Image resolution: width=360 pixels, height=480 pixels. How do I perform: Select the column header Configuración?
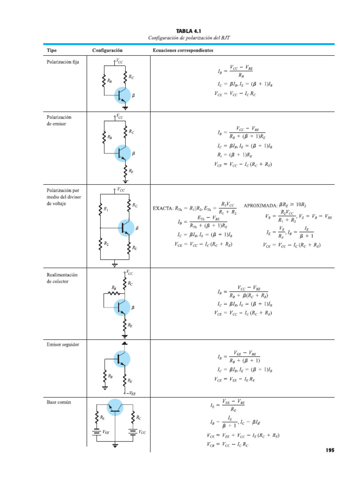point(107,50)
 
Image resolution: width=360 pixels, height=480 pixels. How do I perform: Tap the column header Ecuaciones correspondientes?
point(183,50)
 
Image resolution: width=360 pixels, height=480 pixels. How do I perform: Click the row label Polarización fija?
point(62,61)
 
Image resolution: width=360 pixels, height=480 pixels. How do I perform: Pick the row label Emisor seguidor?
point(63,345)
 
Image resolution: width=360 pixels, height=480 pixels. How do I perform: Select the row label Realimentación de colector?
point(61,278)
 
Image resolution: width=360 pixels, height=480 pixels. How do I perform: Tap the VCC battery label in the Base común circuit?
point(142,433)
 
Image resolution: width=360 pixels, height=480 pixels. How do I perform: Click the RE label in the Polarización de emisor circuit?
point(131,172)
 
